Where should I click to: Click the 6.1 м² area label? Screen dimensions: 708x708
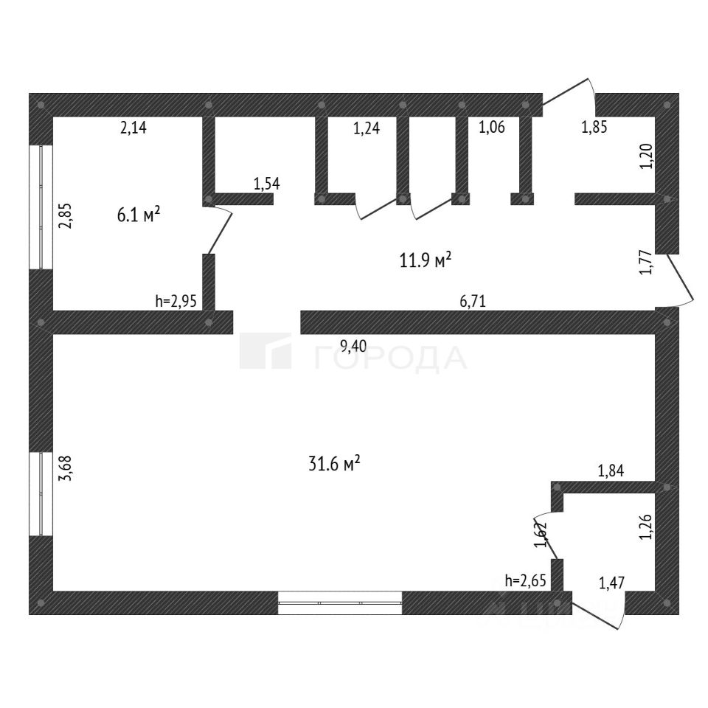coord(139,215)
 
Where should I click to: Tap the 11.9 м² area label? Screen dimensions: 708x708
coord(426,260)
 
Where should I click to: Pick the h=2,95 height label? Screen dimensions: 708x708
coord(176,301)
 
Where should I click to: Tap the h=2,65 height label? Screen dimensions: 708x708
coord(526,580)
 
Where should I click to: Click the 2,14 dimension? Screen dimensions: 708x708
coord(133,128)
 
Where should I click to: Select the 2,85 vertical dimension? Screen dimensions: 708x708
coord(65,215)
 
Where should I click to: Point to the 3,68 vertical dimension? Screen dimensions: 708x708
coord(65,469)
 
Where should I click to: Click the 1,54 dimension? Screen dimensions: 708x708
coord(267,184)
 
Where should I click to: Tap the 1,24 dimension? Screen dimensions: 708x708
coord(367,129)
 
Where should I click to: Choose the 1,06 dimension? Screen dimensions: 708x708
coord(492,128)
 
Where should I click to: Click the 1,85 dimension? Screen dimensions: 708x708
coord(594,128)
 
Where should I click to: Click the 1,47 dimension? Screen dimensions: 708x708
coord(611,584)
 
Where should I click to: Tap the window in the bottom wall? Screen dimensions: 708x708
coord(340,603)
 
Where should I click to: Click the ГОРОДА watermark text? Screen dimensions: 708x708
coord(391,358)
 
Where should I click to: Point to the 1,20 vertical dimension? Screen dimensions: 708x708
coord(646,156)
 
